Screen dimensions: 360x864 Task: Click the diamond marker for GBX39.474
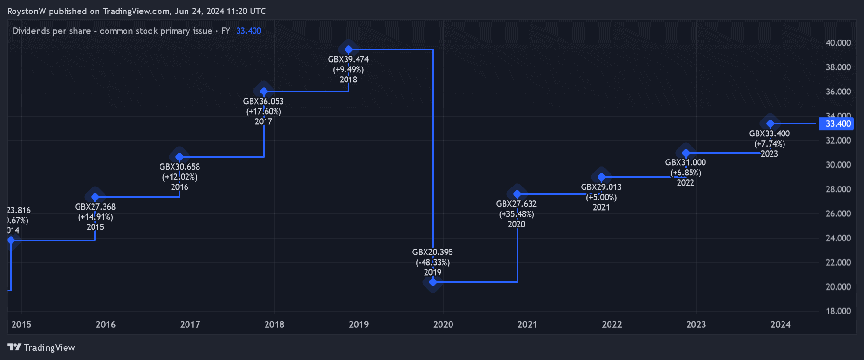348,49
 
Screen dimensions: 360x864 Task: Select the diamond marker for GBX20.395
433,282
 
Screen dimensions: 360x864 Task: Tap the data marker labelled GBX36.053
264,91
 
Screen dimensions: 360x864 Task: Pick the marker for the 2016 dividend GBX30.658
180,157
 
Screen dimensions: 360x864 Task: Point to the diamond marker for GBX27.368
95,197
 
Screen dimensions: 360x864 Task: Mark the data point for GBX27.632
517,194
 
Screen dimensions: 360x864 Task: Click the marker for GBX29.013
601,177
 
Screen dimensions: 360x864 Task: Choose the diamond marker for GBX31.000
686,153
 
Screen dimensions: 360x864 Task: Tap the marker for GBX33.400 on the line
770,124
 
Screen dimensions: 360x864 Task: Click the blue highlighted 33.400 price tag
837,124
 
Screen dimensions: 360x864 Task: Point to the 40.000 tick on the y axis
838,43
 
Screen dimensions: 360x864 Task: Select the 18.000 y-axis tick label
838,311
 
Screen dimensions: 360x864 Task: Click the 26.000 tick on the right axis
838,213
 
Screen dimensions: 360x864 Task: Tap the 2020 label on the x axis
443,324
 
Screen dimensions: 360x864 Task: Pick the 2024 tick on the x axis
780,324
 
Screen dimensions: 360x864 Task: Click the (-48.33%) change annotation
433,262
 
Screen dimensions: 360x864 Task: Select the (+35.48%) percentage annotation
517,214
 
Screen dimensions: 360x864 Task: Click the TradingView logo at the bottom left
41,347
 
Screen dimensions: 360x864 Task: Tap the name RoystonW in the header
27,11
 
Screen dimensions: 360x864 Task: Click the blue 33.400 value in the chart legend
249,31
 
